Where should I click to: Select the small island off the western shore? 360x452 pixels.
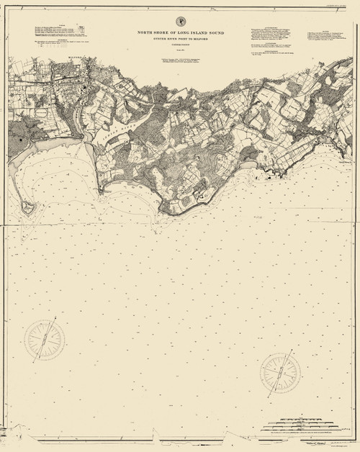pyautogui.click(x=30, y=207)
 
